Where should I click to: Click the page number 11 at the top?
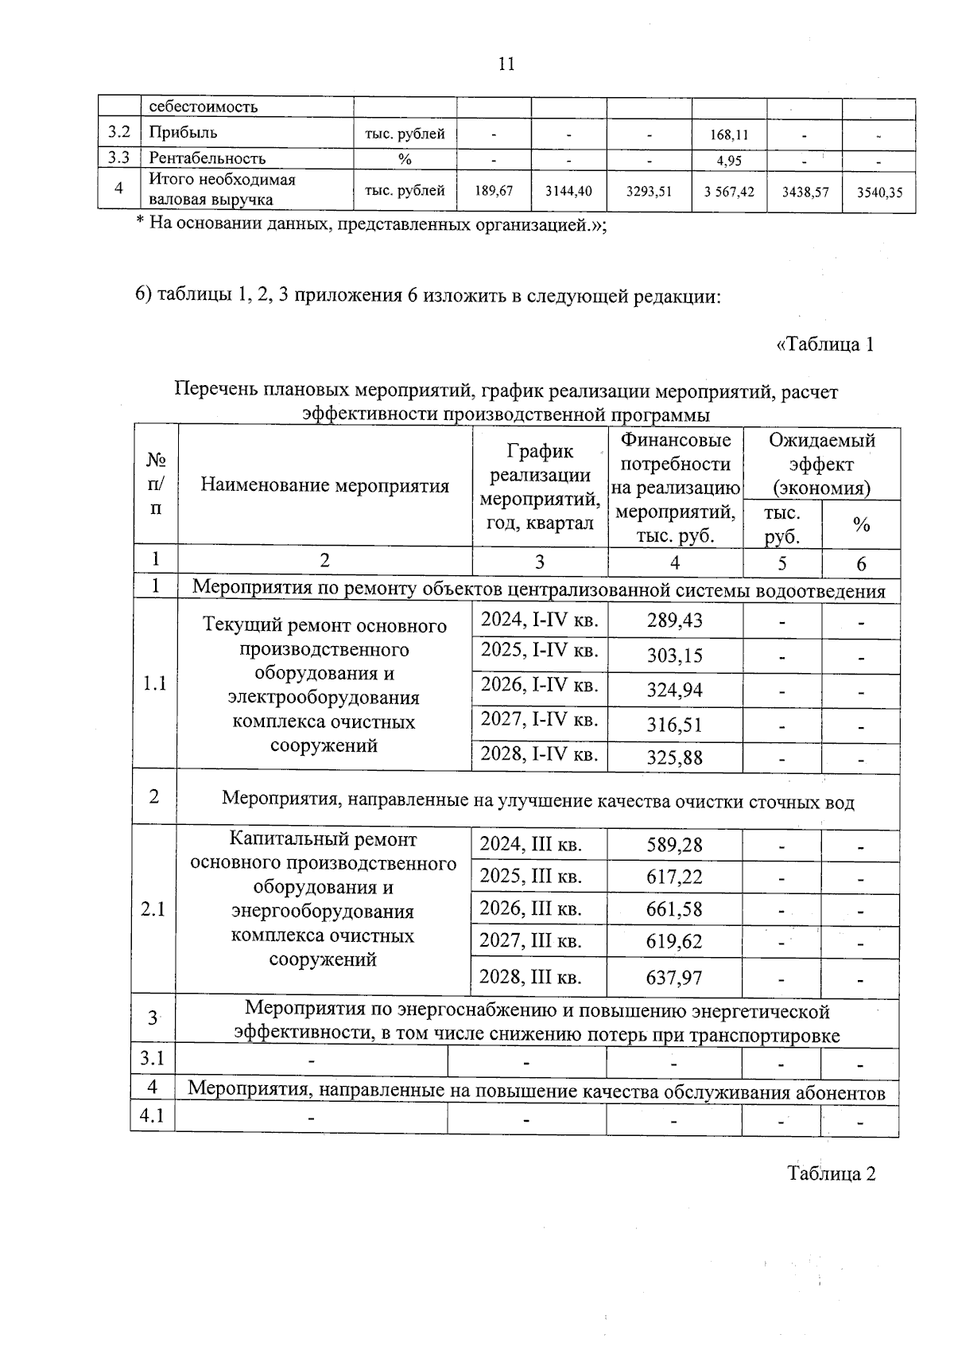(506, 64)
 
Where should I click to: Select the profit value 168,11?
(729, 134)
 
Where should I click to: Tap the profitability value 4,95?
(729, 161)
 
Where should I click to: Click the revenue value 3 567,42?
(729, 192)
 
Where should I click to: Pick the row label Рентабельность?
(207, 158)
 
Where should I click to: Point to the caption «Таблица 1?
(825, 344)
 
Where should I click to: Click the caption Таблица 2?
(832, 1173)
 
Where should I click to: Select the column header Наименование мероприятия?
(324, 485)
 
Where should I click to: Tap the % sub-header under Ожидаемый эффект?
(860, 525)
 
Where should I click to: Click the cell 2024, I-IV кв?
(539, 619)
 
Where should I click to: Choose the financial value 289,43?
(674, 620)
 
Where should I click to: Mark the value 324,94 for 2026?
(674, 690)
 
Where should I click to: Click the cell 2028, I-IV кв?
(539, 753)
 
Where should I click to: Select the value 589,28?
(674, 845)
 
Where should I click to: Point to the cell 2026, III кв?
(530, 908)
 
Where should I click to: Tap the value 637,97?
(674, 977)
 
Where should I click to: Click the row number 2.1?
(153, 908)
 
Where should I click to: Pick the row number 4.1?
(153, 1116)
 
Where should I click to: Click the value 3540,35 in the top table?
(879, 192)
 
